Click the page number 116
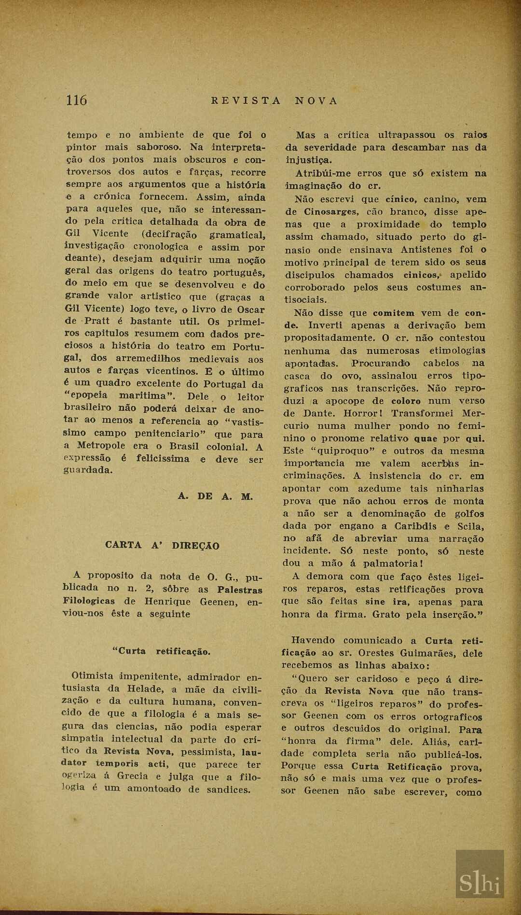(x=76, y=100)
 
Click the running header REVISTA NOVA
(x=274, y=101)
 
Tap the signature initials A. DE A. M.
(x=215, y=496)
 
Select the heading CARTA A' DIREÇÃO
(x=162, y=546)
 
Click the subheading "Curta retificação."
(x=161, y=651)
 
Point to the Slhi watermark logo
(x=480, y=882)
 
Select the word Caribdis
(x=415, y=526)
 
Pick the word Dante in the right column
(x=318, y=413)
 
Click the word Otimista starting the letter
(x=93, y=676)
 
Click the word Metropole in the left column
(x=101, y=446)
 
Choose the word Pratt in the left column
(x=97, y=321)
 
